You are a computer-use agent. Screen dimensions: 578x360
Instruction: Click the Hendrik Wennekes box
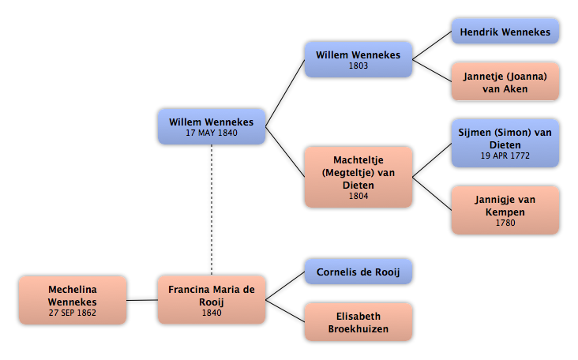coord(505,32)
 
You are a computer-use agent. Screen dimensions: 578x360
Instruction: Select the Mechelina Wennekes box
coord(73,300)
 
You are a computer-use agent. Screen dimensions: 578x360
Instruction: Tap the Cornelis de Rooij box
coord(358,272)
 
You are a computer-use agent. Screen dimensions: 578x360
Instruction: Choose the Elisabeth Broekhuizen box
coord(358,322)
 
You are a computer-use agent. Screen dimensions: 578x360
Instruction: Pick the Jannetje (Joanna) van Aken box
coord(505,82)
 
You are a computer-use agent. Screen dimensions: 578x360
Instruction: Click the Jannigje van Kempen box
coord(505,210)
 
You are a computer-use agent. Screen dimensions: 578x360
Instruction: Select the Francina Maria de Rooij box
coord(212,300)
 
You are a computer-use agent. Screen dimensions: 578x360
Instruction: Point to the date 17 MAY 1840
coord(212,133)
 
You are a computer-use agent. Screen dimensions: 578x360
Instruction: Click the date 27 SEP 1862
coord(73,313)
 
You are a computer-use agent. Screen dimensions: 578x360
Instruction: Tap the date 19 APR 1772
coord(505,156)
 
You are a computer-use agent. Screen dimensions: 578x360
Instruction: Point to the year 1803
coord(358,66)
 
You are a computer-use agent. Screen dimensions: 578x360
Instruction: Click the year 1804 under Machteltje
coord(358,196)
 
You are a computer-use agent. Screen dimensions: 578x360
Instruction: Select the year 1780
coord(505,223)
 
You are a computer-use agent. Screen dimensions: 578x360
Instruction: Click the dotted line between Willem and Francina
coord(212,210)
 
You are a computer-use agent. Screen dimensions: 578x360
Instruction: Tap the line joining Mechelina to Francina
coord(142,300)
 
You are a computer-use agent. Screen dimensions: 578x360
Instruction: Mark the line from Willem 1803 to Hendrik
coord(432,45)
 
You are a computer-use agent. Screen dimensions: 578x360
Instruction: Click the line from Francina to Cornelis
coord(285,286)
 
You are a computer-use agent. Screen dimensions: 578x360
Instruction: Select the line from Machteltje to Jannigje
coord(432,194)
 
